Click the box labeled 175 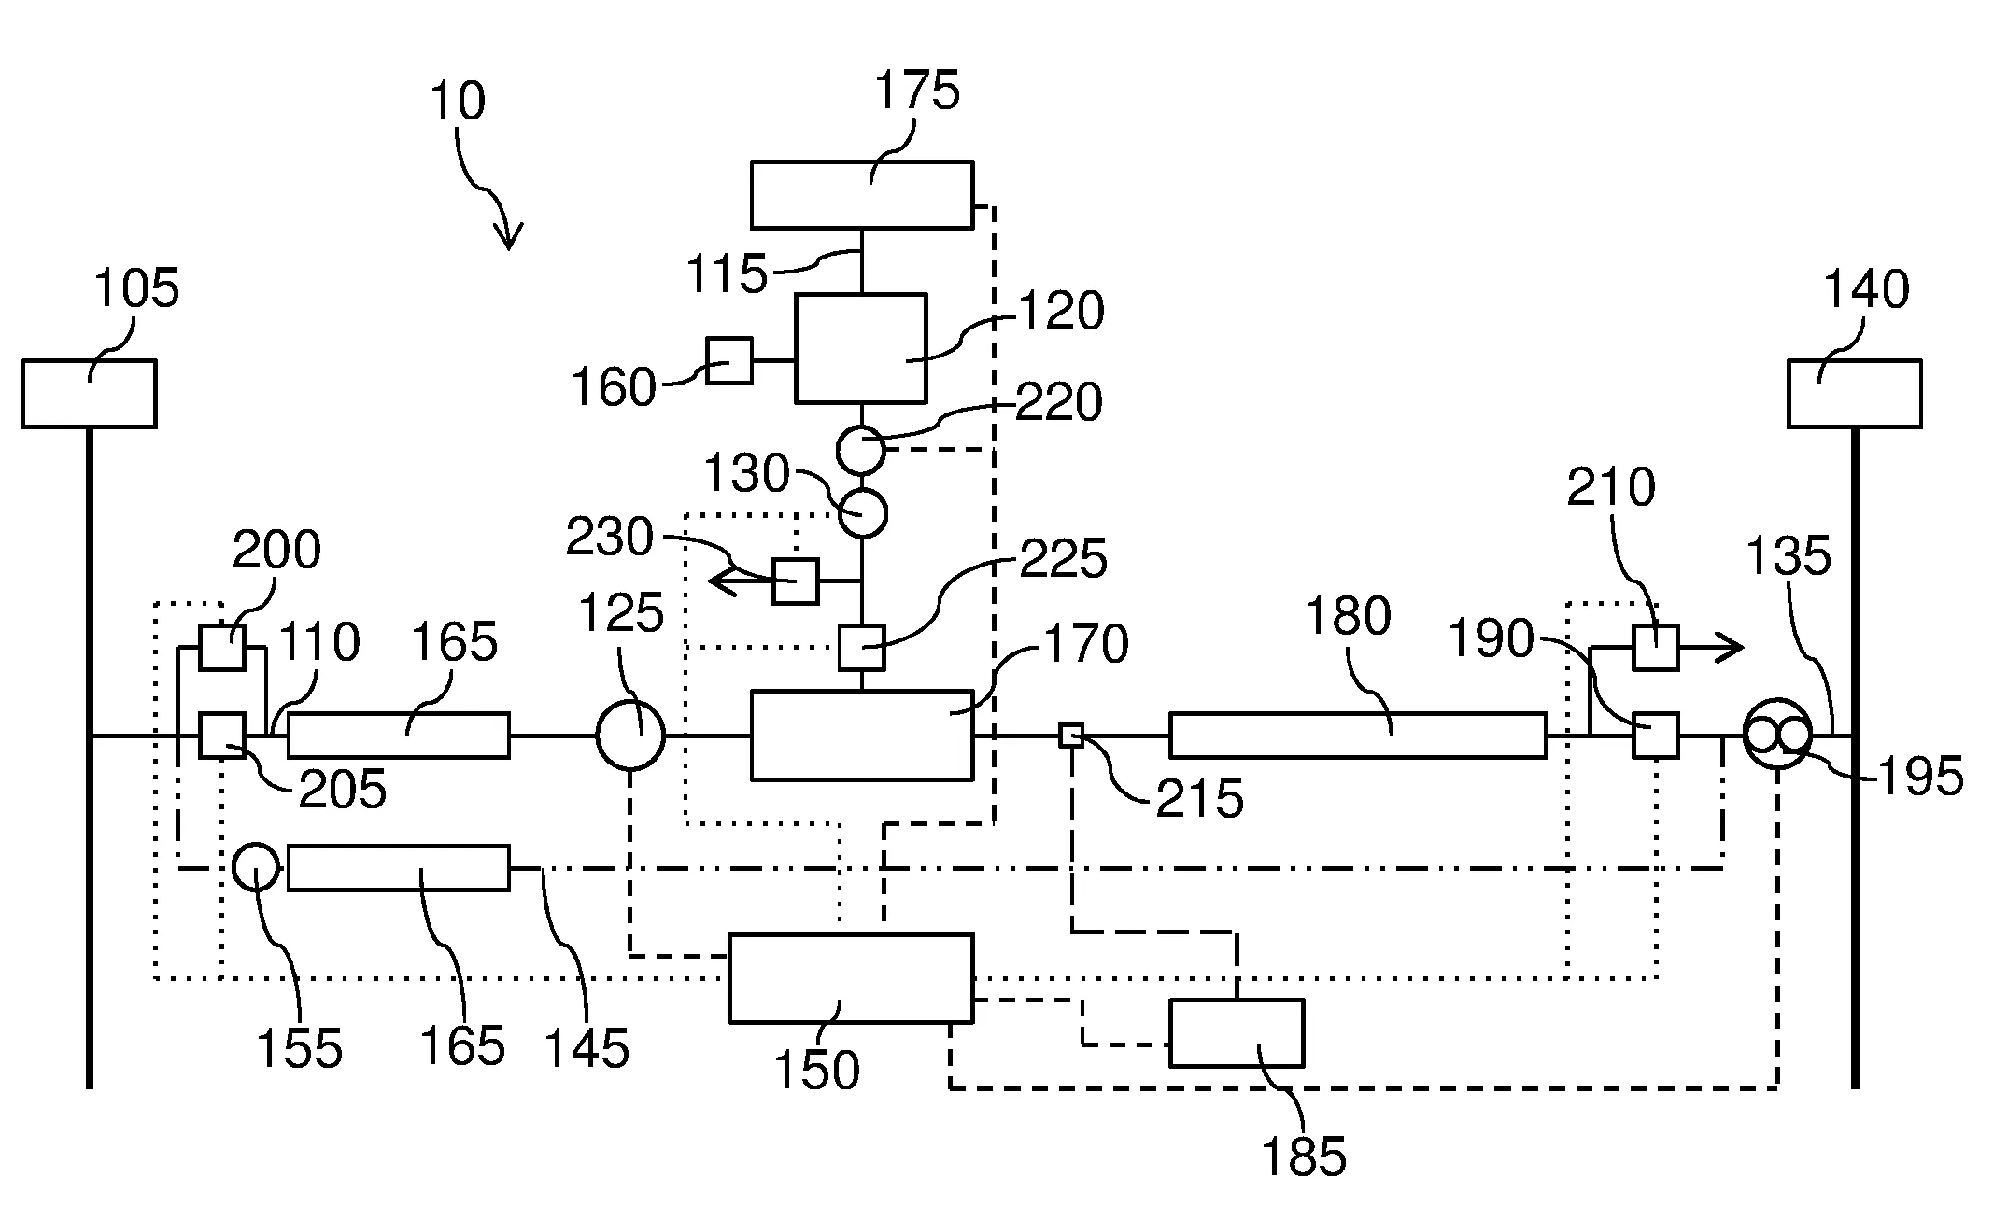pos(862,194)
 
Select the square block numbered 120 pos(860,348)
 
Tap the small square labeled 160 pos(728,360)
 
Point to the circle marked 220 pos(859,450)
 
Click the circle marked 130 pos(862,513)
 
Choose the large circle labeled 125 pos(631,736)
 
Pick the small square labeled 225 pos(861,648)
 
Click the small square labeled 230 pos(796,581)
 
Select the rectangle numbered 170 pos(862,736)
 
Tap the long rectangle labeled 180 pos(1358,736)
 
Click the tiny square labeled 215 pos(1071,736)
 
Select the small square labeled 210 pos(1655,648)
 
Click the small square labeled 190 pos(1655,736)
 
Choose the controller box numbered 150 pos(851,977)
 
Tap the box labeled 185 pos(1237,1032)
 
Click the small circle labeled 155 pos(255,867)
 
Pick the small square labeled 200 pos(222,648)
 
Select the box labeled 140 pos(1855,393)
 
